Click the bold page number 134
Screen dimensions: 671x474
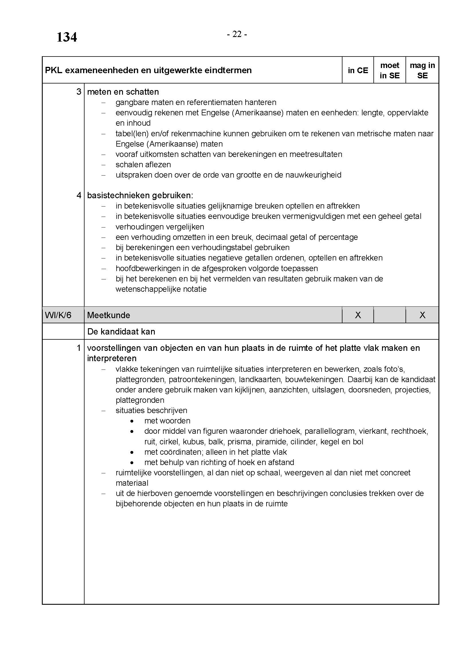[66, 37]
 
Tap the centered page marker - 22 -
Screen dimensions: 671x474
[237, 34]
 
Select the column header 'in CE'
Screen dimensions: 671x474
[358, 71]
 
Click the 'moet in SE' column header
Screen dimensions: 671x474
[390, 71]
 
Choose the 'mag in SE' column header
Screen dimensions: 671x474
[422, 71]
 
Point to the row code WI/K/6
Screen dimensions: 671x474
[58, 315]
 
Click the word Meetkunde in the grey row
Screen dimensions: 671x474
[109, 315]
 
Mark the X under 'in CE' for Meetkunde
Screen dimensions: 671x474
[358, 315]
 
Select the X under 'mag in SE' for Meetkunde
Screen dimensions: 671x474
[422, 315]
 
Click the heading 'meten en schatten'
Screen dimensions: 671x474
[123, 92]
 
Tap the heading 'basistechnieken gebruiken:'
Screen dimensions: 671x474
[140, 195]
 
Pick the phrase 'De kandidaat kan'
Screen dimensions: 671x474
[121, 331]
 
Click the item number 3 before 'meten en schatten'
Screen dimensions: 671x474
[79, 92]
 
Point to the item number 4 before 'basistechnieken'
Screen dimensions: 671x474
[79, 195]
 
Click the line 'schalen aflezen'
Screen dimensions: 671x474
[143, 165]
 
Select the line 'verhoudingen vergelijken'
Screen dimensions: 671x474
[160, 227]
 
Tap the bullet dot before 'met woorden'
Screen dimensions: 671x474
[132, 421]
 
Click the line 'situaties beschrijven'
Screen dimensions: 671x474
[151, 410]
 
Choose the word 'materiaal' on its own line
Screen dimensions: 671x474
[132, 483]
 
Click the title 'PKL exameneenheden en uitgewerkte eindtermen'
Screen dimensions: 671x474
[148, 71]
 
